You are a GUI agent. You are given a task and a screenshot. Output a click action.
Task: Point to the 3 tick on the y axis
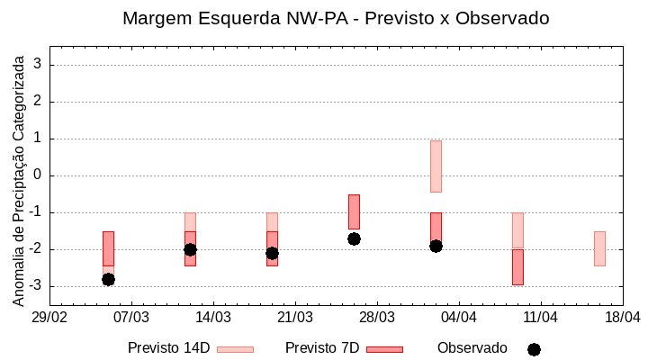pyautogui.click(x=38, y=65)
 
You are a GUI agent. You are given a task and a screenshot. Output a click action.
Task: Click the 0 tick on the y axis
pyautogui.click(x=38, y=175)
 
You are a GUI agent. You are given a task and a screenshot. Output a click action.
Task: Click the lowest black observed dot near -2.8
pyautogui.click(x=108, y=279)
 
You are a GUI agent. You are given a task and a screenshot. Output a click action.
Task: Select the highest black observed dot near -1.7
pyautogui.click(x=354, y=238)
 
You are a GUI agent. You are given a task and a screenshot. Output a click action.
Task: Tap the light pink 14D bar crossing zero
pyautogui.click(x=436, y=166)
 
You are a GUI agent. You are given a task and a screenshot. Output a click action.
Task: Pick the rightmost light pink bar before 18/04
pyautogui.click(x=599, y=248)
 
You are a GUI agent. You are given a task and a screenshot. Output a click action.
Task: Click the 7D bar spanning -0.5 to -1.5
pyautogui.click(x=354, y=211)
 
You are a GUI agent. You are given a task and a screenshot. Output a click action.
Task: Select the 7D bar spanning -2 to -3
pyautogui.click(x=517, y=267)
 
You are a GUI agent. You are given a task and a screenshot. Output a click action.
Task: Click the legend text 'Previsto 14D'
pyautogui.click(x=168, y=348)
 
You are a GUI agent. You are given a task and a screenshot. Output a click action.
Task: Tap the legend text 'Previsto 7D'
pyautogui.click(x=322, y=348)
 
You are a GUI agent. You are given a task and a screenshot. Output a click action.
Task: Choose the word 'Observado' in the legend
pyautogui.click(x=472, y=348)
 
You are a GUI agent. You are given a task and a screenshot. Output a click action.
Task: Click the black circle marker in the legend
pyautogui.click(x=534, y=349)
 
